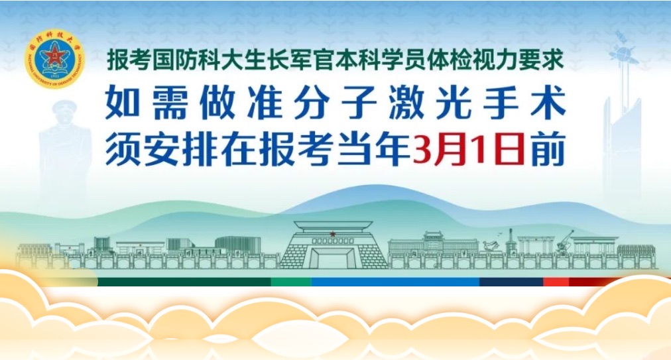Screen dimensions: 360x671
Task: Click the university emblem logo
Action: point(54,59)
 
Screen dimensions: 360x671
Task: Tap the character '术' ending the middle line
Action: point(546,104)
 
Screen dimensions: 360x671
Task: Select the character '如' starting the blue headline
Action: point(123,104)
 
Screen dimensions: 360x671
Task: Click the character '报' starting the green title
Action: point(118,61)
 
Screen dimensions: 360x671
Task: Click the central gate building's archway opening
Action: point(333,257)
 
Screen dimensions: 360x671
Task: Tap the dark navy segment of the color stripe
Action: point(511,282)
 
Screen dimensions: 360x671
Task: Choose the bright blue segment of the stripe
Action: point(398,282)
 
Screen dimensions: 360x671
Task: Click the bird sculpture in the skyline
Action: point(491,246)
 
